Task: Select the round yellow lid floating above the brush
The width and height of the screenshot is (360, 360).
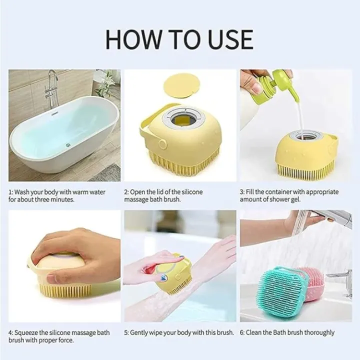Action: (182, 89)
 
